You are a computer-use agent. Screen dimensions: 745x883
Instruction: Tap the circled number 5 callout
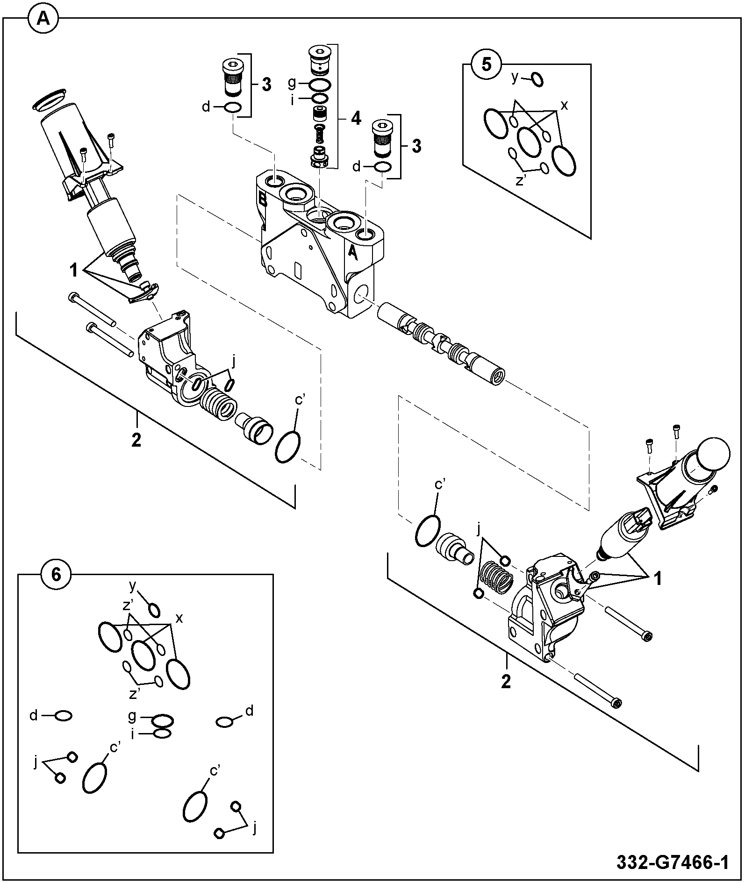click(x=486, y=64)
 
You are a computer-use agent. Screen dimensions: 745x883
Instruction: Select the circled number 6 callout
click(x=56, y=574)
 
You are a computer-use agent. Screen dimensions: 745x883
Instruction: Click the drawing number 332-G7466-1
click(x=673, y=862)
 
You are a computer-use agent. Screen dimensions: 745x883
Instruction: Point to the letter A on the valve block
click(x=353, y=253)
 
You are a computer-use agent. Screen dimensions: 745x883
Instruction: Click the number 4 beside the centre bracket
click(x=356, y=119)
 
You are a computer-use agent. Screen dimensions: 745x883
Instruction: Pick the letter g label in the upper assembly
click(x=292, y=84)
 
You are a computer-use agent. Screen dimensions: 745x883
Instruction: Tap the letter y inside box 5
click(x=515, y=78)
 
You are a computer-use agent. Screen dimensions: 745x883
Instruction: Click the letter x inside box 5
click(x=564, y=106)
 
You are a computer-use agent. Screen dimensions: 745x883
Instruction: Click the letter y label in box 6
click(x=132, y=585)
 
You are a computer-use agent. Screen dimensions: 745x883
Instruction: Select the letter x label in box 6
click(x=179, y=619)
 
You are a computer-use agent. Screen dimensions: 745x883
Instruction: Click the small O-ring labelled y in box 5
click(x=537, y=80)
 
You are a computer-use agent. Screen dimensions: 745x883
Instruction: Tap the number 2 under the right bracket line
click(x=506, y=682)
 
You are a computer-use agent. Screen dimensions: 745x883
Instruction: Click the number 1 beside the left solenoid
click(x=74, y=270)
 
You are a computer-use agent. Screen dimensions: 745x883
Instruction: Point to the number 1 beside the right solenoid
click(x=658, y=579)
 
